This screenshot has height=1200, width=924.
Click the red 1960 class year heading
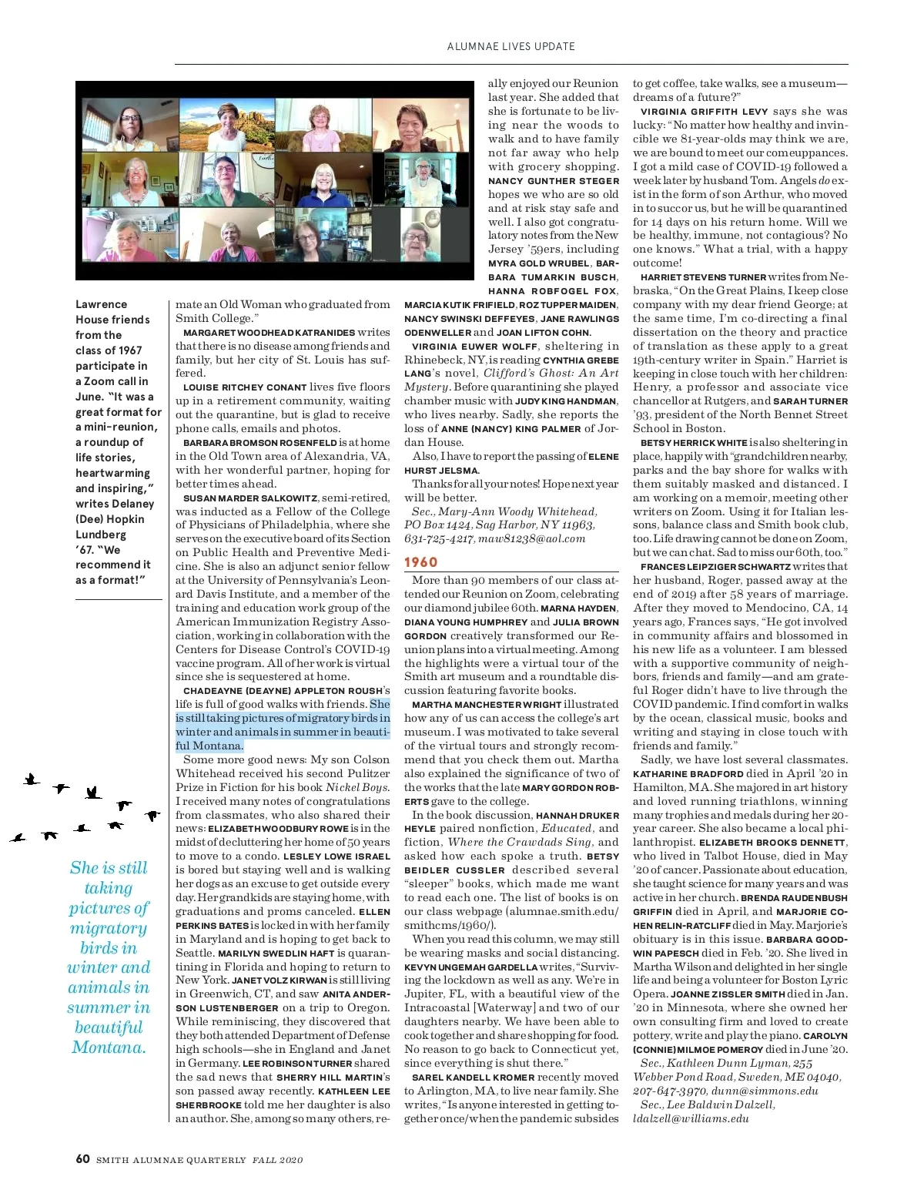click(x=420, y=562)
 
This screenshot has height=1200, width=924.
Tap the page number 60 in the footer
click(x=82, y=1159)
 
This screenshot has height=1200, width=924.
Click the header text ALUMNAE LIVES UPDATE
click(x=511, y=46)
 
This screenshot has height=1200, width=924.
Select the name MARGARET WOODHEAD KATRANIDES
click(x=269, y=333)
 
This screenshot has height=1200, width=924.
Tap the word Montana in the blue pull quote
click(x=109, y=1047)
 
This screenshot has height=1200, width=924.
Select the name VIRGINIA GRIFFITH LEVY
click(x=704, y=112)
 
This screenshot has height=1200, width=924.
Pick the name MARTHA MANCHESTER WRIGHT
click(x=487, y=705)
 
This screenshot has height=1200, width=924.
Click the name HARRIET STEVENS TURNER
click(x=703, y=277)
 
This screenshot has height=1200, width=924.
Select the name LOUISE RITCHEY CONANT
click(x=243, y=387)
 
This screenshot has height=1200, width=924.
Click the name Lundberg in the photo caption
click(x=101, y=535)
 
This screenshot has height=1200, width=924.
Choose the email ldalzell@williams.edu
click(x=691, y=1118)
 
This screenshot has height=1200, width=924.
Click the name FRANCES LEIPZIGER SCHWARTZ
click(x=715, y=567)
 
